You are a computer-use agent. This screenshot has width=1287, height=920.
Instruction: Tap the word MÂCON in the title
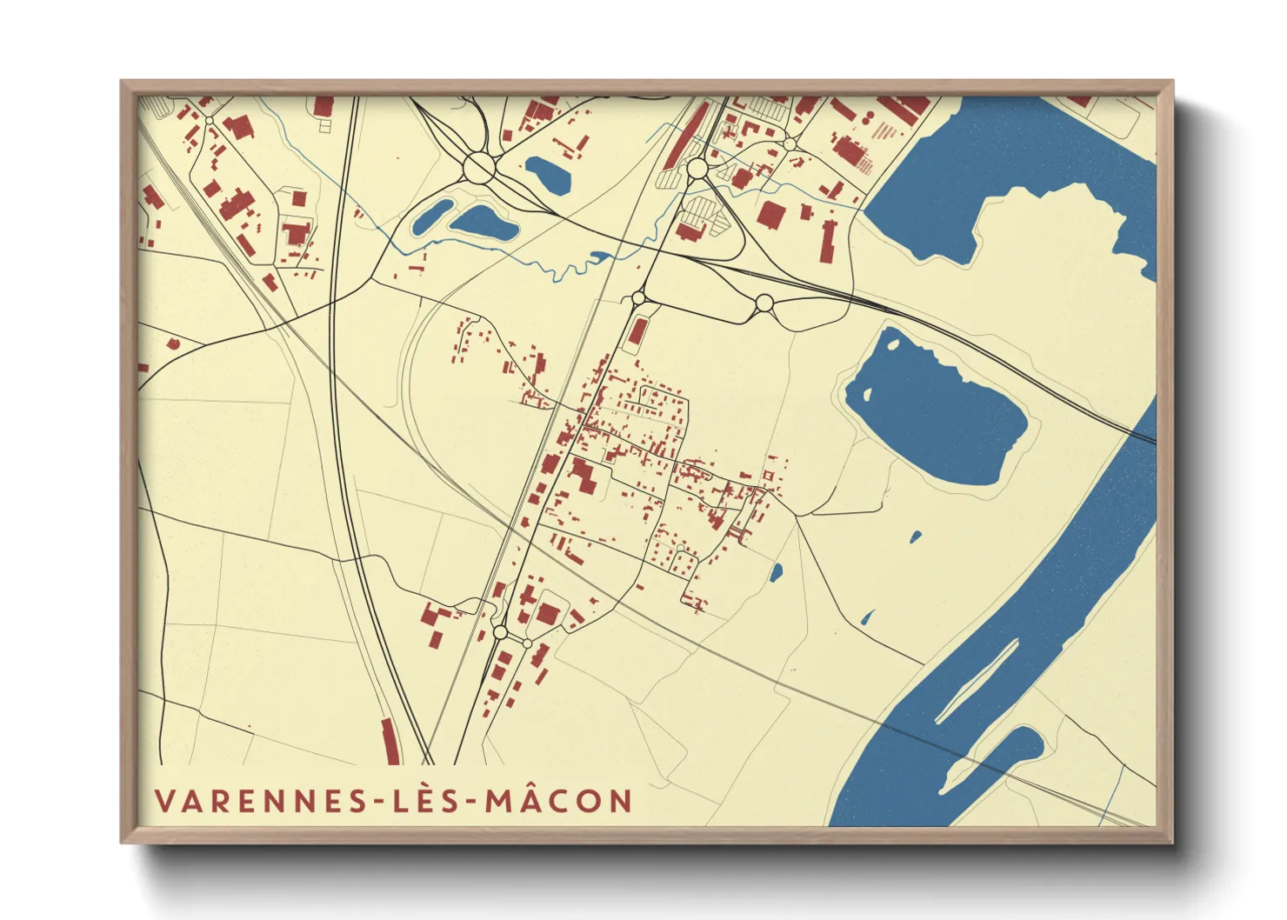click(558, 801)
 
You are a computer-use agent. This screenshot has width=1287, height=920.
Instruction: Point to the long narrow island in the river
click(978, 683)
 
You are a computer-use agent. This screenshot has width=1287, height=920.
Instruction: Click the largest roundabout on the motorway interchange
click(479, 166)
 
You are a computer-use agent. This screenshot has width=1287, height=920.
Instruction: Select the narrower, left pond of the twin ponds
click(432, 217)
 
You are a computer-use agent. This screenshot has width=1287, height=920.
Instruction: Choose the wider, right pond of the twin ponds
click(483, 223)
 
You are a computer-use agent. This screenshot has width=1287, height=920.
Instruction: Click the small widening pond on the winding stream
click(599, 257)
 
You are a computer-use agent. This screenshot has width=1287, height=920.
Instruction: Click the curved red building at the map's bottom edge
click(390, 742)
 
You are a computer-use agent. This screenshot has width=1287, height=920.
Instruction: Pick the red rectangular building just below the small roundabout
click(637, 331)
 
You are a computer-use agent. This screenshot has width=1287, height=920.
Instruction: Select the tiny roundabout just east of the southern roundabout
click(527, 643)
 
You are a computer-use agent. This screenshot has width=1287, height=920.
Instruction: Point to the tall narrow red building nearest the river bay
click(827, 241)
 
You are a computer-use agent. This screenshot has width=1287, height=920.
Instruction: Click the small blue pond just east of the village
click(776, 572)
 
